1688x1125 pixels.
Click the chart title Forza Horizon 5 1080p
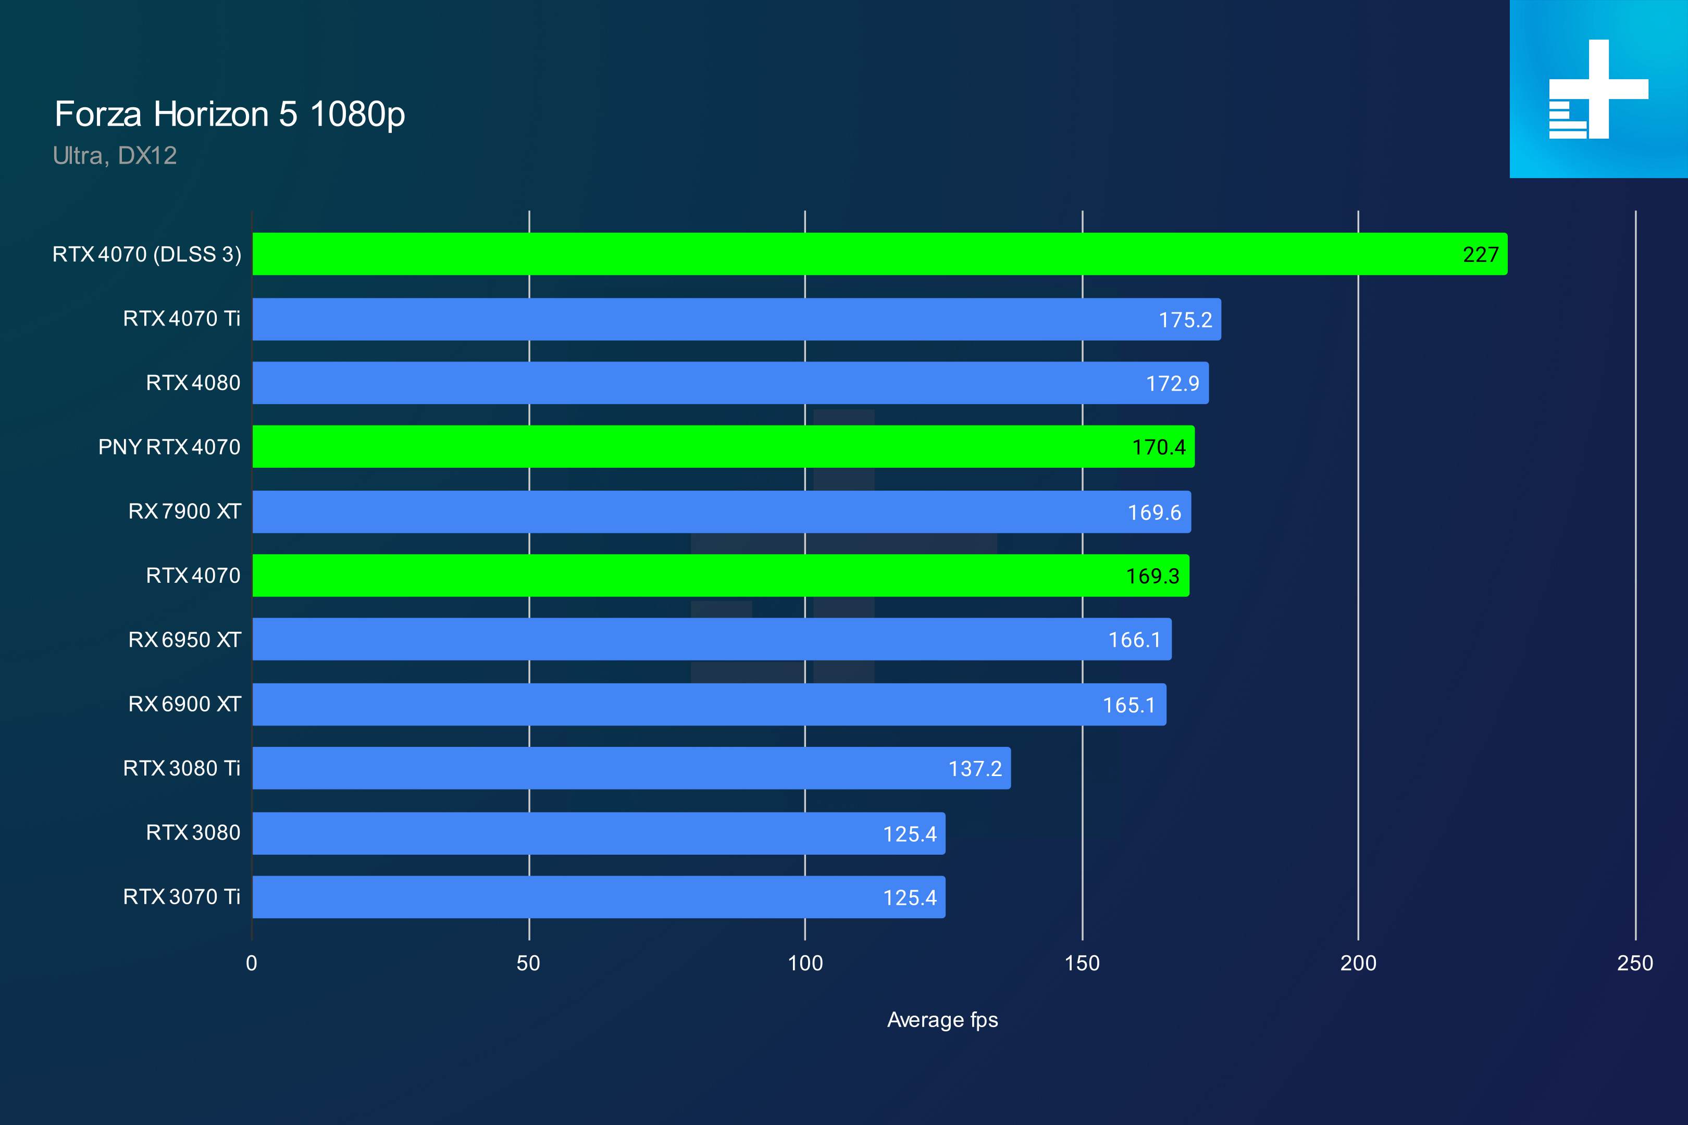230,115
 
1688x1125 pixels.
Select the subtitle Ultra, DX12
115,156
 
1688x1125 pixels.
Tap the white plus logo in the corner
1598,89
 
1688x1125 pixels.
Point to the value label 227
1480,255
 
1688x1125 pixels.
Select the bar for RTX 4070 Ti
718,319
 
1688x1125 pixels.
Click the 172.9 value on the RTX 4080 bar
1172,384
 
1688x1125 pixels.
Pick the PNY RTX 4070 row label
169,447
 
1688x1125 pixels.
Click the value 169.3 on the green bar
1152,576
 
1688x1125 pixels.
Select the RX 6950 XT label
184,640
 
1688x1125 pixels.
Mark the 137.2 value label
975,769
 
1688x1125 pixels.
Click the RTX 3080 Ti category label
182,768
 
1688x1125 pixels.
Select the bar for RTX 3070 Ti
574,897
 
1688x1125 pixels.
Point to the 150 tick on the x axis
1082,963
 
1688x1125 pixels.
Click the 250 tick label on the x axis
1634,963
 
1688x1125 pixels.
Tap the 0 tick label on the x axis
251,963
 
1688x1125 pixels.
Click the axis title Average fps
942,1020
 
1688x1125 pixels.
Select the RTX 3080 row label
193,832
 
